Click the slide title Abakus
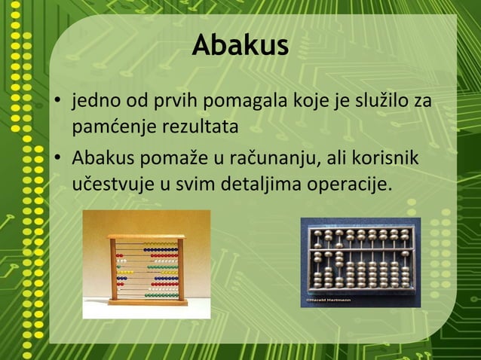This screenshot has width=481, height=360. click(x=240, y=45)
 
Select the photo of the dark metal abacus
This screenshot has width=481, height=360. click(x=360, y=262)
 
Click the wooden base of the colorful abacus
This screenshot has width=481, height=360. click(x=147, y=302)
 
